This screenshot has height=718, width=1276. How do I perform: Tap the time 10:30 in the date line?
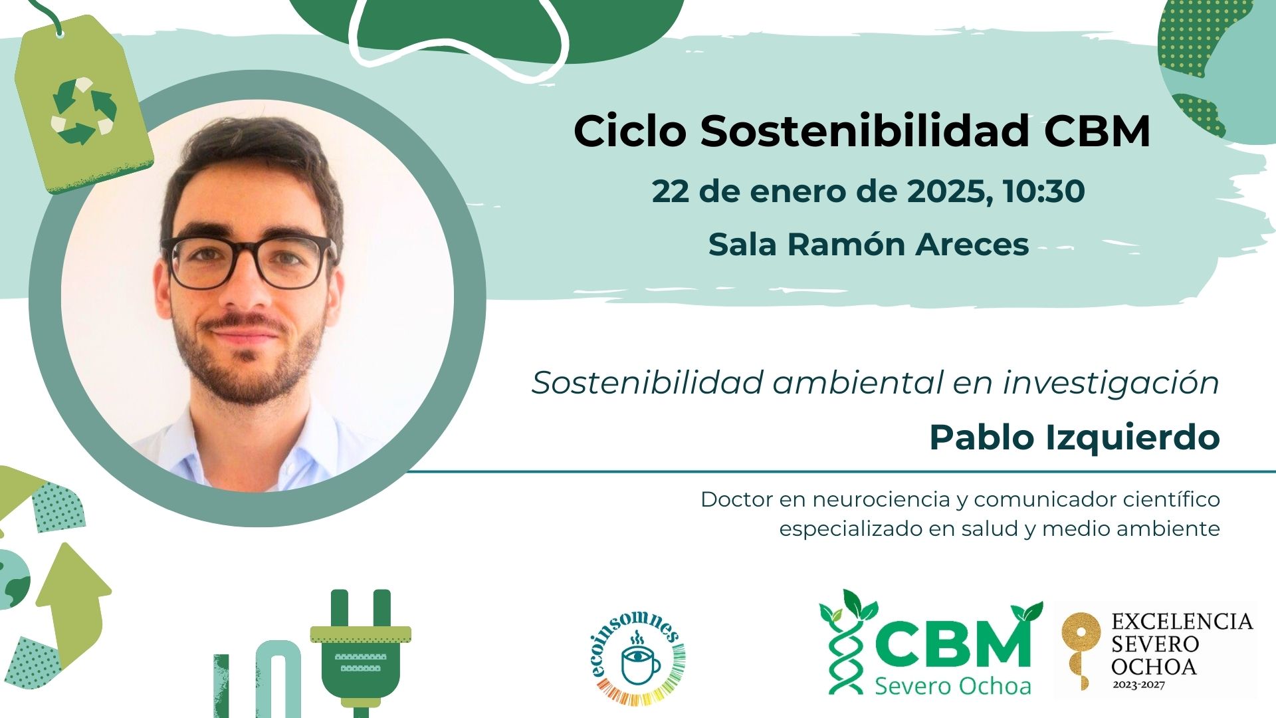coord(1044,191)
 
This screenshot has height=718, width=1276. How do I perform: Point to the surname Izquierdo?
coord(1132,437)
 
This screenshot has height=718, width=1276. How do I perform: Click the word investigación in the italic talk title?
coord(1111,383)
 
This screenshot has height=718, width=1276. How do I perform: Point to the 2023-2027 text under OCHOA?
coord(1138,684)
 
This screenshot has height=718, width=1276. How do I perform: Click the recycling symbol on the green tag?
coord(84,112)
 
